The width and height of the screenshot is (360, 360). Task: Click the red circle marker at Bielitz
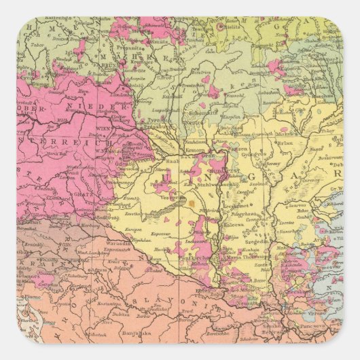click(x=220, y=26)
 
